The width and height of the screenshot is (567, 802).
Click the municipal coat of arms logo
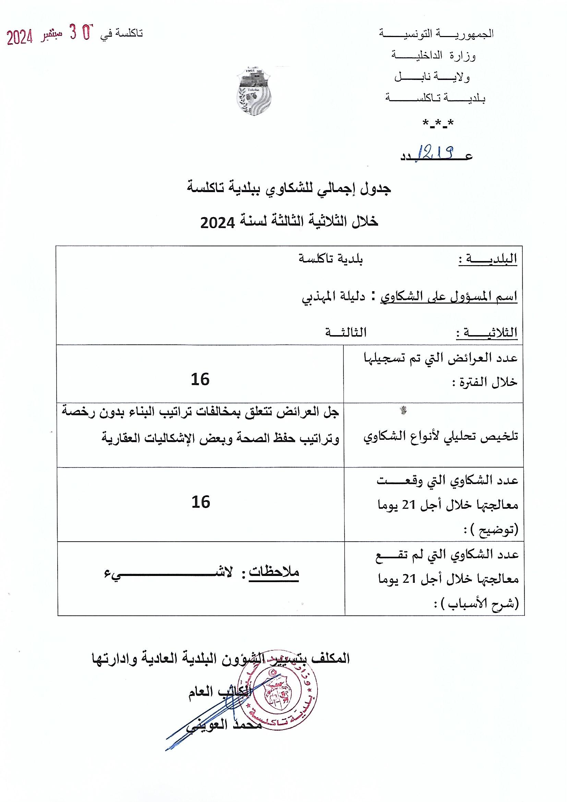(254, 91)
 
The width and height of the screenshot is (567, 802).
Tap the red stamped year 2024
(20, 37)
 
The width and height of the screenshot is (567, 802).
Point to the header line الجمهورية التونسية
(436, 34)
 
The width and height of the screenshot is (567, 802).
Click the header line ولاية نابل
(432, 77)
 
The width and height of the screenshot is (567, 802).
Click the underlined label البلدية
(488, 260)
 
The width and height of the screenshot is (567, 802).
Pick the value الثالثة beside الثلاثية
(346, 332)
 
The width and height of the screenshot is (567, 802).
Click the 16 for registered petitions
(200, 379)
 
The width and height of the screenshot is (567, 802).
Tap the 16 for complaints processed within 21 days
(201, 502)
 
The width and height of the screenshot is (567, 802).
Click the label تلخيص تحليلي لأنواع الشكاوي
(441, 436)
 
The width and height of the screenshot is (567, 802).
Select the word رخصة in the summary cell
(77, 412)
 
